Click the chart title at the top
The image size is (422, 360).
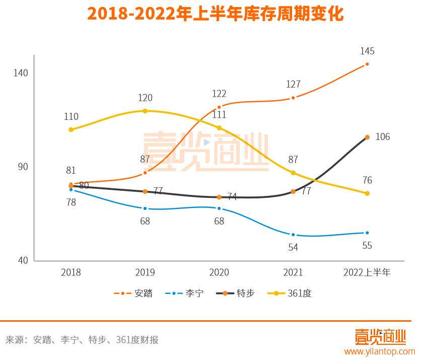pos(215,14)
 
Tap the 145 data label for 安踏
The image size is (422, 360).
pos(367,51)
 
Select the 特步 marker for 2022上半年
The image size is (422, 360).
pos(367,137)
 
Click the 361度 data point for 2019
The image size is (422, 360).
pos(145,111)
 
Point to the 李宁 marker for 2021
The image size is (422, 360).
pos(293,235)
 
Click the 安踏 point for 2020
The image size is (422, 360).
pos(219,107)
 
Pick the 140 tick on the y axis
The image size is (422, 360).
pos(21,73)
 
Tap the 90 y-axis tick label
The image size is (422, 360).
pos(23,167)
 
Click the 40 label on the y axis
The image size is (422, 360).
pos(23,260)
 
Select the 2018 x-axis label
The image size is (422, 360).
pos(71,272)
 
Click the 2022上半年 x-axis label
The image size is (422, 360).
pos(367,272)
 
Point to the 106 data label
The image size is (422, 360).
pos(383,137)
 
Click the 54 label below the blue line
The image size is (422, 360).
pos(293,247)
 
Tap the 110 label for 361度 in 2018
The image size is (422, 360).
pos(71,117)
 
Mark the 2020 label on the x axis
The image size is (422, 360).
pos(219,272)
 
